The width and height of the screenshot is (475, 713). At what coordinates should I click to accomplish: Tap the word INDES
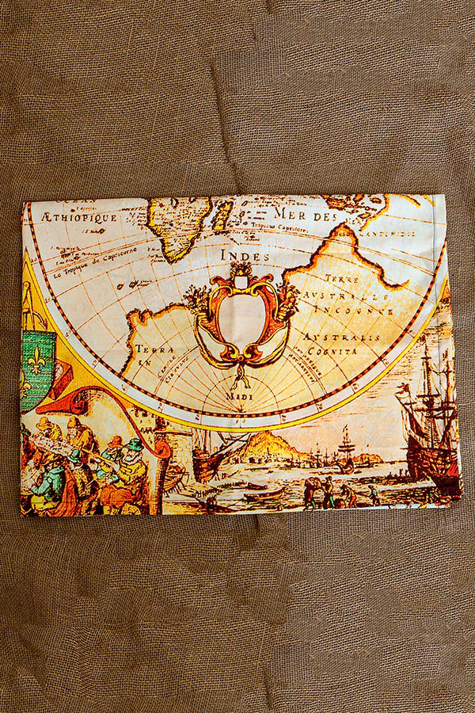[245, 256]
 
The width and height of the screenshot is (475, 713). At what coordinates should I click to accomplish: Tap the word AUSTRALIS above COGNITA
[330, 336]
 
